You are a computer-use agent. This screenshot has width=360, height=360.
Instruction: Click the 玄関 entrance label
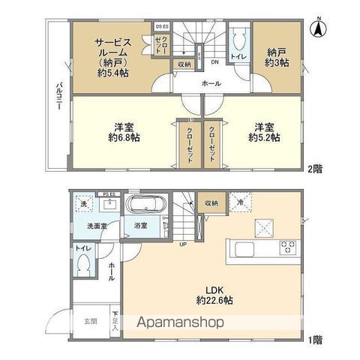point(89,321)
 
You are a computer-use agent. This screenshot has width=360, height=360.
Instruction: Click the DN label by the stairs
point(215,61)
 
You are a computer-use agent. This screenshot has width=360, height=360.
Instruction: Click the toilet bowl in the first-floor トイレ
point(85,265)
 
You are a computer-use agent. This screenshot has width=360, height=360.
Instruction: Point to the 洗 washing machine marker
point(83,203)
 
